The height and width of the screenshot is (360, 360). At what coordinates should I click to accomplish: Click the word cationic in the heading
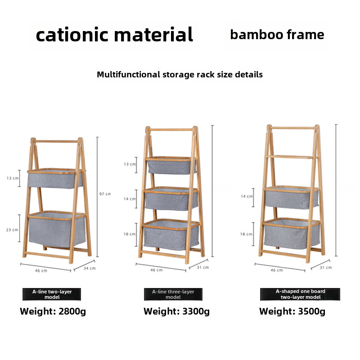(x=72, y=35)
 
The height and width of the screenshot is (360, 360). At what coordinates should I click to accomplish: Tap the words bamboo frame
(x=277, y=35)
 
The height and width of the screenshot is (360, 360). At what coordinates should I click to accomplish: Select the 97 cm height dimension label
(x=105, y=194)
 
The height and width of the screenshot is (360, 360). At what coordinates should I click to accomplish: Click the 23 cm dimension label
(x=12, y=230)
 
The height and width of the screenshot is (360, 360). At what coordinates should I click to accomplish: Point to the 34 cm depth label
(x=90, y=268)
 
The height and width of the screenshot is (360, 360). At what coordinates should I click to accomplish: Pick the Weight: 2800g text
(x=53, y=311)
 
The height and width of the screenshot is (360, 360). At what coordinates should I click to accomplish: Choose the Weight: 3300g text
(x=176, y=311)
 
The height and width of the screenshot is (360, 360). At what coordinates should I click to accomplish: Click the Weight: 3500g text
(x=292, y=311)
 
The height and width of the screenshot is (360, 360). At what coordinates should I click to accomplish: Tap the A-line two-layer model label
(x=52, y=294)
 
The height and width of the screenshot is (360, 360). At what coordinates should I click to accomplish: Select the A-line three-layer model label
(x=173, y=294)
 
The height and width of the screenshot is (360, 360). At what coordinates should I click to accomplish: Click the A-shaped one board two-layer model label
(x=300, y=294)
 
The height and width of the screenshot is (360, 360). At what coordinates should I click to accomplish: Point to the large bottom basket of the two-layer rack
(x=57, y=229)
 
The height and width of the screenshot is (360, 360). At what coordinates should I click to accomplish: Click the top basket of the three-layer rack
(x=171, y=165)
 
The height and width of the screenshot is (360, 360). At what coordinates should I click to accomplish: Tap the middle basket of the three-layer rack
(x=171, y=198)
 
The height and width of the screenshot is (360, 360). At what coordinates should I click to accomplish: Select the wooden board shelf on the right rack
(x=290, y=157)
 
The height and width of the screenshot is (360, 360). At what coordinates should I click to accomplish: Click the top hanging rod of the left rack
(x=56, y=141)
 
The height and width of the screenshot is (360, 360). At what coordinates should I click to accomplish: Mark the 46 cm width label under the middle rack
(x=156, y=270)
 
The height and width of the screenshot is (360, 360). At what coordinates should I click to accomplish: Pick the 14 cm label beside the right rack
(x=247, y=196)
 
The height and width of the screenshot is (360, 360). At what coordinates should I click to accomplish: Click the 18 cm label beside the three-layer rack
(x=130, y=234)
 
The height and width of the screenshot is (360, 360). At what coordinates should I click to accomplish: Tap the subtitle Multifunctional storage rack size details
(x=180, y=75)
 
